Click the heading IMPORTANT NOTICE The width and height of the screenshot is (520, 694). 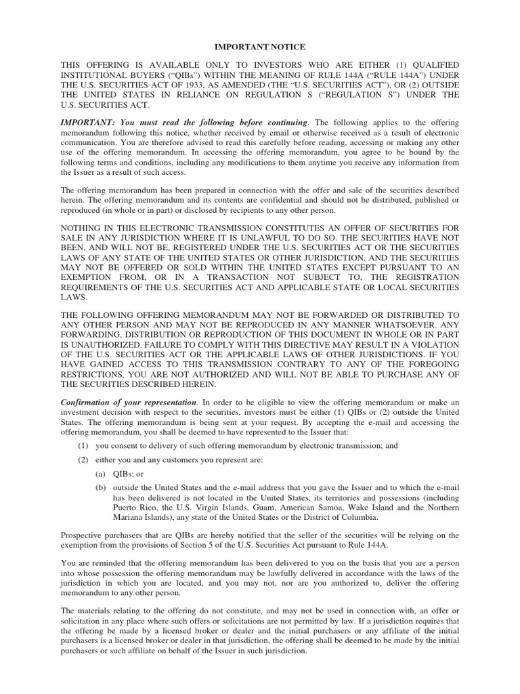coord(260,47)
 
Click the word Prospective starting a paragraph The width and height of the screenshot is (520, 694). coord(82,535)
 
